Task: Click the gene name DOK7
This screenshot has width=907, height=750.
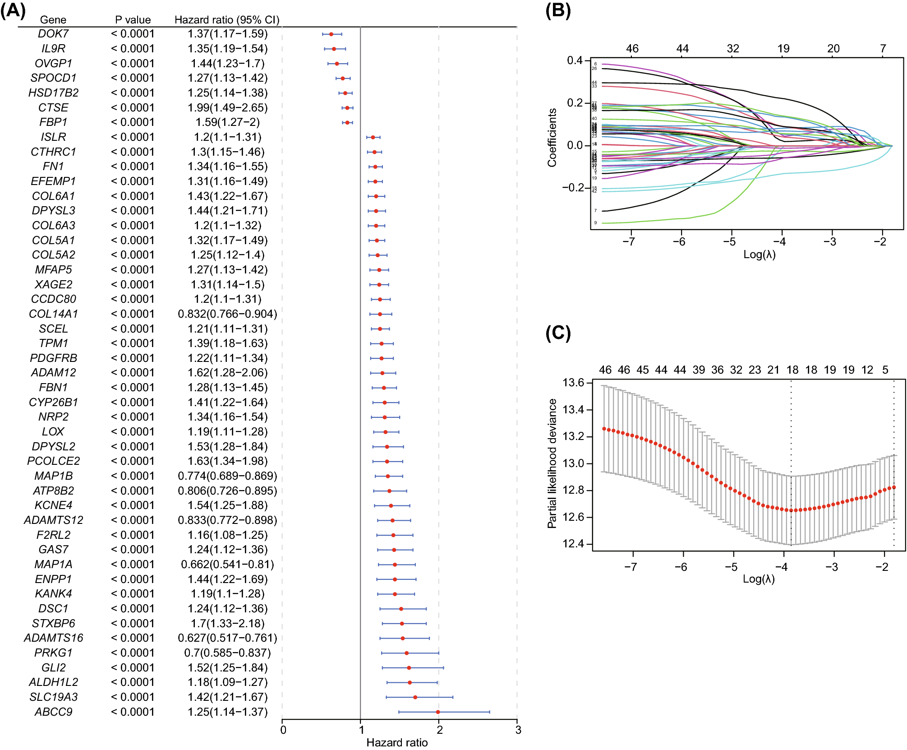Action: (53, 34)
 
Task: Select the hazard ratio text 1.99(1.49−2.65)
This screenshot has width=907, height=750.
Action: (227, 108)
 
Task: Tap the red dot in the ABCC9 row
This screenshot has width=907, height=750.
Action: (438, 712)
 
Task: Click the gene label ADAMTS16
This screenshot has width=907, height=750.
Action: (53, 638)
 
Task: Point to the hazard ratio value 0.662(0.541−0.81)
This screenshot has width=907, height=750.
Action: (227, 565)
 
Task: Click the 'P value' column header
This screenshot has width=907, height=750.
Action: (133, 20)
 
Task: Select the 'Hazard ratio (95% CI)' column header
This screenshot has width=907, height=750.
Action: (227, 20)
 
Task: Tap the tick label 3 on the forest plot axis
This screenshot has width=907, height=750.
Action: (518, 730)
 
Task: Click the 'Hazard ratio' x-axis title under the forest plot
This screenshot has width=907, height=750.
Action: (397, 742)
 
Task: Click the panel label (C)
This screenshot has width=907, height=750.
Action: (558, 333)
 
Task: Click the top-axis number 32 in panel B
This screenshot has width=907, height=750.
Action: (733, 49)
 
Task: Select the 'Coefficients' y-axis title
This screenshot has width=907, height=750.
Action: (552, 138)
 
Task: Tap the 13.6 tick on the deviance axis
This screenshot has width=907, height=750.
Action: (573, 383)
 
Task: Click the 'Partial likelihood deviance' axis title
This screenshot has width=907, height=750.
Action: (552, 463)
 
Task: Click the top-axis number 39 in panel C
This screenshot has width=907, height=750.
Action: (699, 370)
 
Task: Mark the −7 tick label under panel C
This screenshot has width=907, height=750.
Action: (631, 567)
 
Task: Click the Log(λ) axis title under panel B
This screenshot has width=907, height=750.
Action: (760, 255)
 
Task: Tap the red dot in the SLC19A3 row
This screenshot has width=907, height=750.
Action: (415, 697)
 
